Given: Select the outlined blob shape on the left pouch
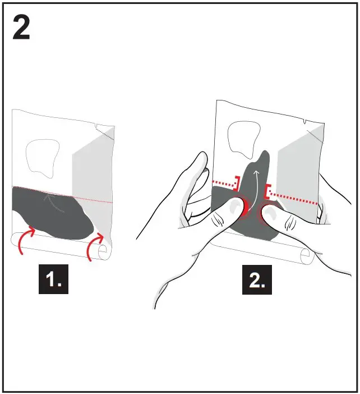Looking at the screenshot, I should click(43, 158).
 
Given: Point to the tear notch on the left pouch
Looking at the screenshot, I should click(98, 125).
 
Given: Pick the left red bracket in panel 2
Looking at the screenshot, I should click(238, 182).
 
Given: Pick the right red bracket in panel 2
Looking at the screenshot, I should click(270, 191).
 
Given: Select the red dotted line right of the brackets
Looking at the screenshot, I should click(294, 198).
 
